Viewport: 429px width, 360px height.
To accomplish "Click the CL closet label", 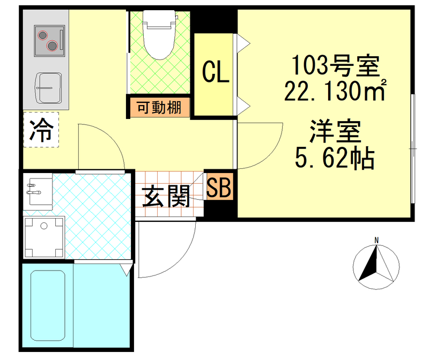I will [215, 73].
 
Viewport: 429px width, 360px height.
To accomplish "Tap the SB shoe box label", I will [218, 187].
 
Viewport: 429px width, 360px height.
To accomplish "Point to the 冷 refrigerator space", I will [41, 129].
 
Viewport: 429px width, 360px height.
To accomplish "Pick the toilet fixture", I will [159, 36].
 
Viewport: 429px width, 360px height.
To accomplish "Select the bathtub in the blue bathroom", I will [48, 307].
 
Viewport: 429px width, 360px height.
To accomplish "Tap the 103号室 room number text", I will [335, 67].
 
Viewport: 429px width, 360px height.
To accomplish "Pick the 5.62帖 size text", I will [334, 159].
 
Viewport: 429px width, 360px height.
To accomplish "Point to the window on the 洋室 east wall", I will [412, 148].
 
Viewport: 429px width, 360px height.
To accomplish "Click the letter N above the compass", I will [377, 239].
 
